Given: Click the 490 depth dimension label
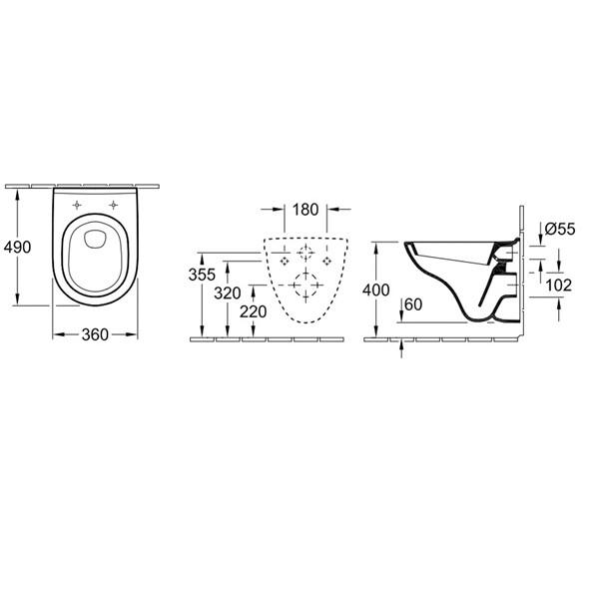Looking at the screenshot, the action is (17, 248).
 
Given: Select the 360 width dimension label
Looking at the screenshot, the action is (95, 334).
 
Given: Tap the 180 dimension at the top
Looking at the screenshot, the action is (305, 210).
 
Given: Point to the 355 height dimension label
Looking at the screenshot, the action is (202, 275).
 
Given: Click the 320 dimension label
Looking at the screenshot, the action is (228, 293).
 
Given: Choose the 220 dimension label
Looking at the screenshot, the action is (253, 311).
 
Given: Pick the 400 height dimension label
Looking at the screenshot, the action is (376, 290).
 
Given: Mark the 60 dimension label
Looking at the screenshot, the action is (413, 304).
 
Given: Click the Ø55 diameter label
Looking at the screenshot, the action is (560, 229).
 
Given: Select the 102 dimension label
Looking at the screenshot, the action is (558, 285).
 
